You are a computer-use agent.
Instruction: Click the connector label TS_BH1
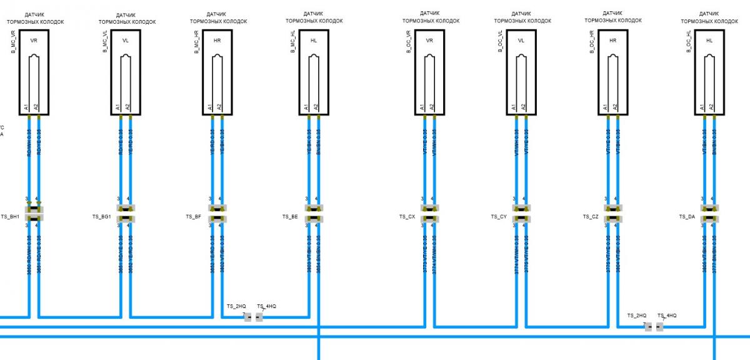pos(11,217)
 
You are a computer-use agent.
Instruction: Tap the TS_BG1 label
pos(102,217)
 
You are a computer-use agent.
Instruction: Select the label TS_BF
pos(193,217)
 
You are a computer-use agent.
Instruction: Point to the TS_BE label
pos(290,217)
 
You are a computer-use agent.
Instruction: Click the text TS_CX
pos(407,217)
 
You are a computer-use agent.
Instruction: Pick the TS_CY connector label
pos(499,217)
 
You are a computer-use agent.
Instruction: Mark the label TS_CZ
pos(591,217)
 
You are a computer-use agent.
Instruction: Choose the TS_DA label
pos(687,217)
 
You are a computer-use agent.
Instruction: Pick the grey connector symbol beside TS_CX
pos(429,213)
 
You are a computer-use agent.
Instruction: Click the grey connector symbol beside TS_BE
pos(314,213)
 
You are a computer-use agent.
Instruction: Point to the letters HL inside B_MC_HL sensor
pos(313,41)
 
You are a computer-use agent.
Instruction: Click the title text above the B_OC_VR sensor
pos(429,17)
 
